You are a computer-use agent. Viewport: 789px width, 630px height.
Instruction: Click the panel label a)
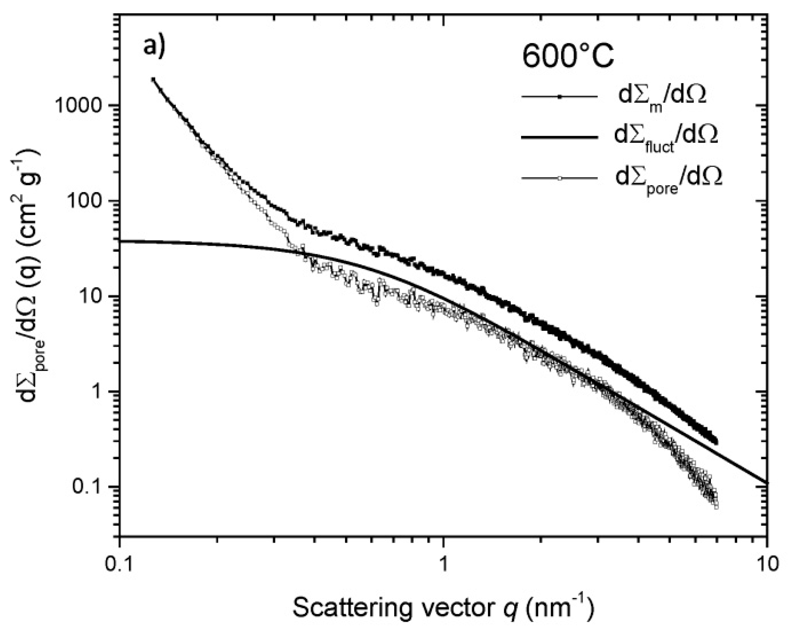(x=154, y=47)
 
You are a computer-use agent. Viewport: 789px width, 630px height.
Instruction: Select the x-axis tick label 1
(x=444, y=564)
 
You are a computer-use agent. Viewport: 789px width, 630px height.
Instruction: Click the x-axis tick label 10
(x=767, y=564)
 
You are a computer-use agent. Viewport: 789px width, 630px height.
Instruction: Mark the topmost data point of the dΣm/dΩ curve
(x=153, y=79)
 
